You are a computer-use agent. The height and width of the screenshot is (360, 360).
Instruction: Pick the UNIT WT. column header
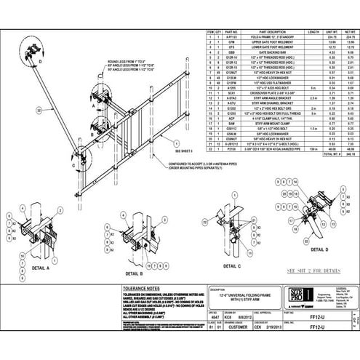point(331,33)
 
